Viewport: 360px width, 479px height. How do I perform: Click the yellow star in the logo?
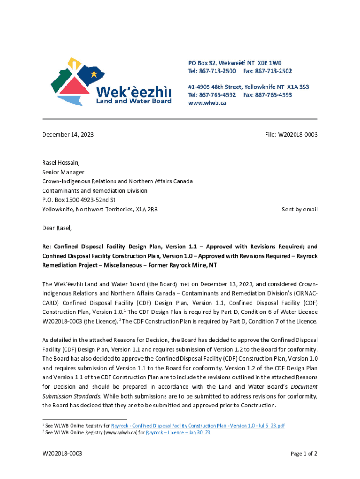click(94, 73)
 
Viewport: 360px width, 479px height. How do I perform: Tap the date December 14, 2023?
click(68, 135)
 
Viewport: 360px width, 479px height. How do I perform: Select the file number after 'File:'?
click(298, 135)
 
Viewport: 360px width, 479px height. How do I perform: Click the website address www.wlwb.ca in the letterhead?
click(207, 103)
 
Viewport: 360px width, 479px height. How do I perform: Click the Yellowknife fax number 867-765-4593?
click(274, 95)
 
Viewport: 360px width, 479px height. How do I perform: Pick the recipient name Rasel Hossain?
click(61, 163)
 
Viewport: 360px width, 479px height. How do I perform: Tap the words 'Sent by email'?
click(299, 210)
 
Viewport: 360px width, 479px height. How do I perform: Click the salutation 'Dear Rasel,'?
click(57, 228)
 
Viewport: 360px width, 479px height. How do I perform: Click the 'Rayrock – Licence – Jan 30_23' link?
click(178, 433)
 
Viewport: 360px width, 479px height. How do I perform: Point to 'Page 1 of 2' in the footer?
click(304, 454)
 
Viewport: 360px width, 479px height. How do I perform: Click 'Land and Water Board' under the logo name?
click(134, 101)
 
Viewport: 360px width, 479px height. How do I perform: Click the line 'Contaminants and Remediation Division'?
click(95, 191)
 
